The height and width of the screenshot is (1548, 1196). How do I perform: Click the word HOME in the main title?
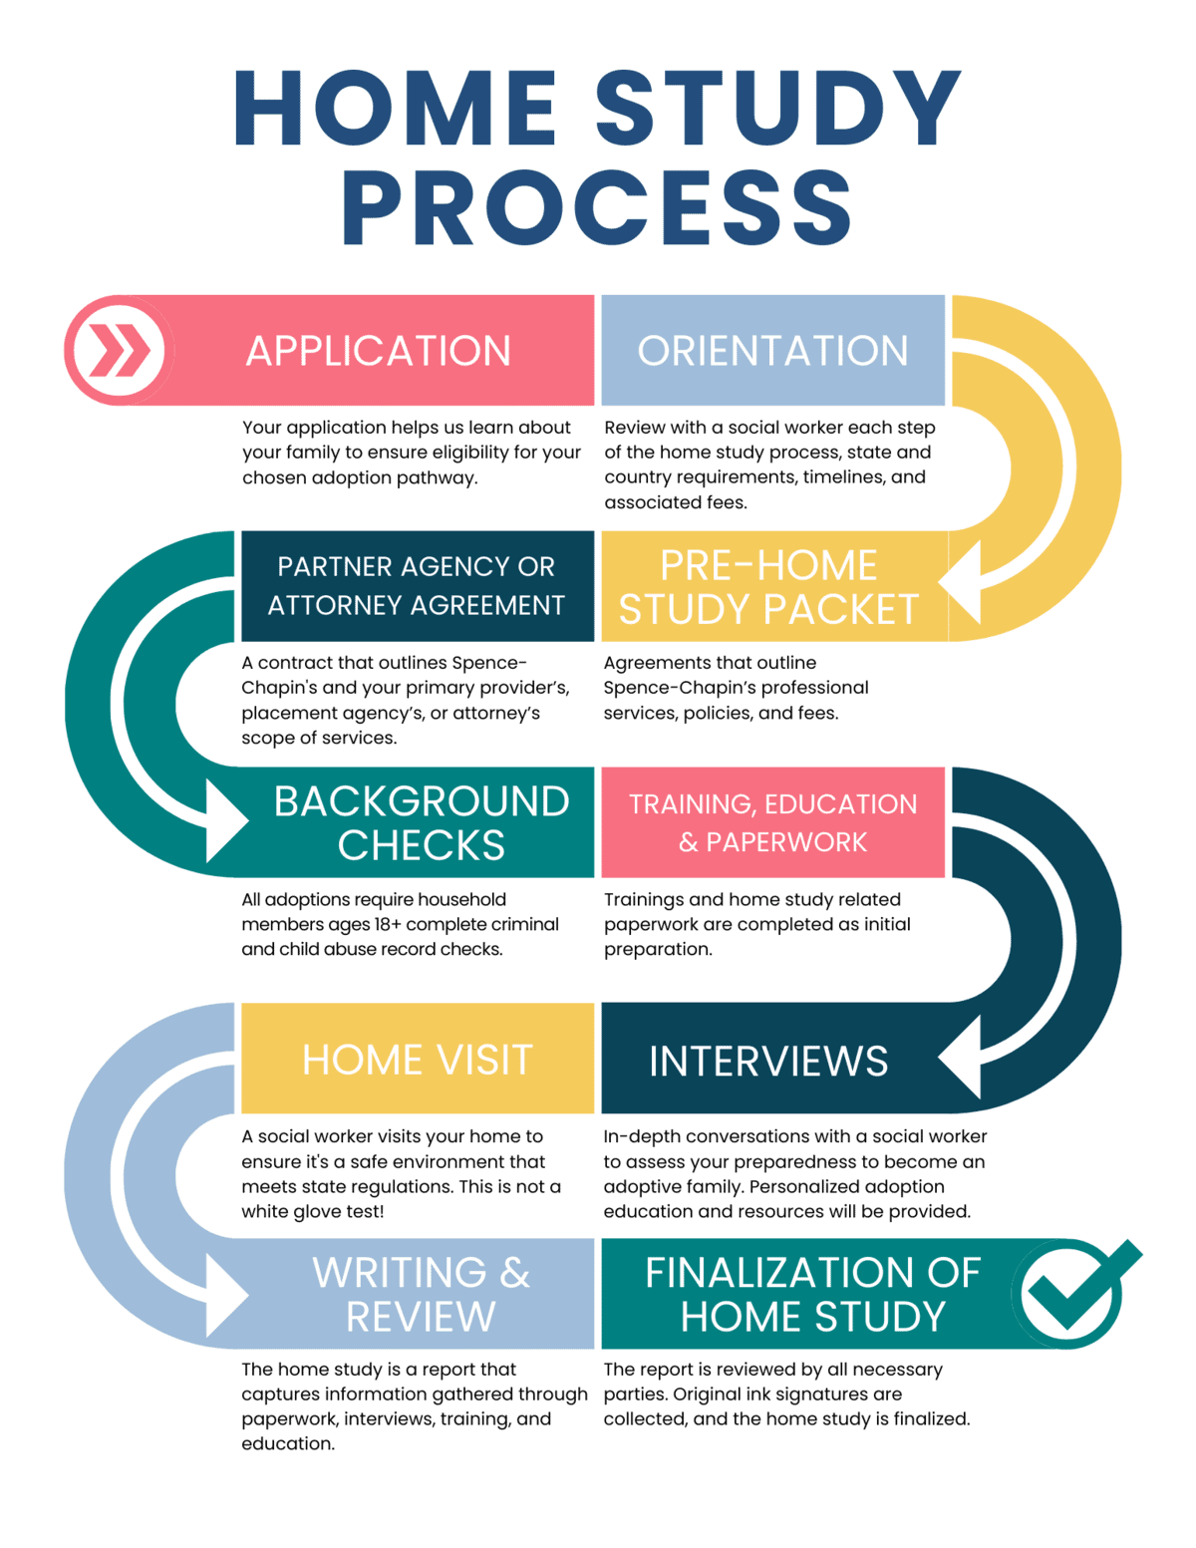(396, 110)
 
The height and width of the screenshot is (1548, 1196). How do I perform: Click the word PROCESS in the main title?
(597, 208)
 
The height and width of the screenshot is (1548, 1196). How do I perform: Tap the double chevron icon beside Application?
(119, 350)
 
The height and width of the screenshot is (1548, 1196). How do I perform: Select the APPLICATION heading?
(378, 351)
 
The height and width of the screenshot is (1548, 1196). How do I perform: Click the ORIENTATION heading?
(772, 351)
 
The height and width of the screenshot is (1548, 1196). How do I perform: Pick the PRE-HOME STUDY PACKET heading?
(768, 587)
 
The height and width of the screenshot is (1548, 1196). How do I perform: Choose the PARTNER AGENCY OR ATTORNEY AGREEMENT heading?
(416, 586)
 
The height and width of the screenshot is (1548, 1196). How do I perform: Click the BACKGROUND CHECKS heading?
(421, 822)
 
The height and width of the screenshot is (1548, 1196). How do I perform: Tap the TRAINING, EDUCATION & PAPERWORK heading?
(772, 822)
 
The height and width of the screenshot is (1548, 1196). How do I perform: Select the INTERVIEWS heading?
(767, 1061)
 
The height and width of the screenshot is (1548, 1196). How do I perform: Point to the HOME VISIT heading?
(417, 1060)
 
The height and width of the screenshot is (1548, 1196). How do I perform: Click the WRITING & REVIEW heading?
(421, 1294)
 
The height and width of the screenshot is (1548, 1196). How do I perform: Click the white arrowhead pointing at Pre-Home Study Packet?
(962, 583)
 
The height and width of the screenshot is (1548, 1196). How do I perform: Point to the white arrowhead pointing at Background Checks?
(224, 820)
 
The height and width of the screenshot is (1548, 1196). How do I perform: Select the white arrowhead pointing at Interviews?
(962, 1058)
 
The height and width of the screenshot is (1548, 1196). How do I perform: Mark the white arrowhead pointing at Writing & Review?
(224, 1294)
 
